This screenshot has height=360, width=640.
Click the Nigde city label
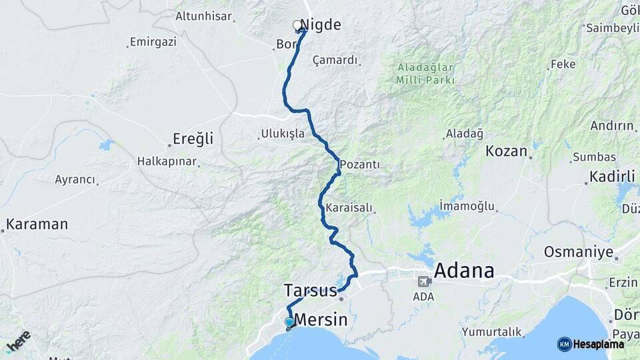[x=322, y=25]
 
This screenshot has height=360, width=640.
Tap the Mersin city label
[x=321, y=320]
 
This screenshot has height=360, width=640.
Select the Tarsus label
[x=310, y=291]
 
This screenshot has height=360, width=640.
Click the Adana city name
[x=464, y=271]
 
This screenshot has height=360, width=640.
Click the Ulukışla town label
[x=283, y=134]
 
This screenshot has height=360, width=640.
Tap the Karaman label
[x=37, y=224]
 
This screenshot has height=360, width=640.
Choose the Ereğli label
[x=193, y=139]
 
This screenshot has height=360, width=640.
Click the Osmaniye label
[x=578, y=252]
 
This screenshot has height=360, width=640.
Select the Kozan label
[x=507, y=151]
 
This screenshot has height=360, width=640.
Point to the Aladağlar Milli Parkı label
[x=425, y=73]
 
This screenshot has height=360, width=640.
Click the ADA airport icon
[x=423, y=281]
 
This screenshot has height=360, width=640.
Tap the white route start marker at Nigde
[x=297, y=25]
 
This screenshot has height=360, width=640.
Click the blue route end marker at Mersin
[x=289, y=323]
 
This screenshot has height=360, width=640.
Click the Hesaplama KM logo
[x=591, y=344]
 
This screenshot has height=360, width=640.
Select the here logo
[x=18, y=341]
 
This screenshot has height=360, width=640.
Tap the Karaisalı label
[x=349, y=208]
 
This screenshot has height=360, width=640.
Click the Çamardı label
[x=335, y=60]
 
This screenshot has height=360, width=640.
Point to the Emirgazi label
[x=153, y=42]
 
